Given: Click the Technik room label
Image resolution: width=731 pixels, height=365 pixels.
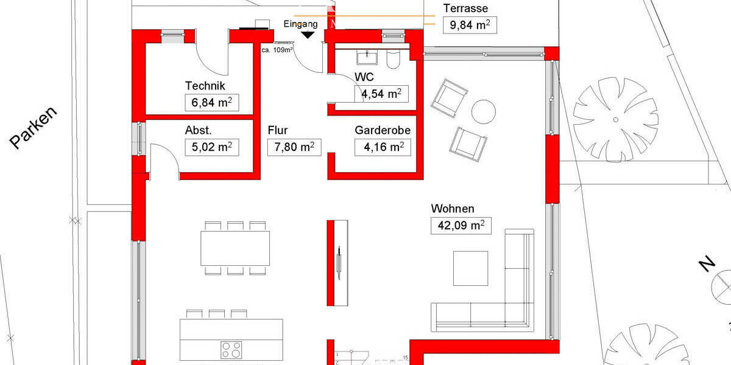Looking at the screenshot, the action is (205, 86).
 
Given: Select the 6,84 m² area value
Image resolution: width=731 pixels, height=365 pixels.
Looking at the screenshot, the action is (212, 103).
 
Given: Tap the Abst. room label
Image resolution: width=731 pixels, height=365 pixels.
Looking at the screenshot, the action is (198, 130).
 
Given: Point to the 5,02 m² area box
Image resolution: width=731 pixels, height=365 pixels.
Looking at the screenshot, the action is (212, 147).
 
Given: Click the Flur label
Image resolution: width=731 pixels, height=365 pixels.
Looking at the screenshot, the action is (278, 130).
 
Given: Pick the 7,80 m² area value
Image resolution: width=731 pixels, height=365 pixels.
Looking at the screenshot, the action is (294, 147).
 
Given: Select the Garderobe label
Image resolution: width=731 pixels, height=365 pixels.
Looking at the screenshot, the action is (383, 130).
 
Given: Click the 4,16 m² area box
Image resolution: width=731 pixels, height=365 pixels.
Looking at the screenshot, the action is (383, 147).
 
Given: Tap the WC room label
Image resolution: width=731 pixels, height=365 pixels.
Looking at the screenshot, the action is (364, 77).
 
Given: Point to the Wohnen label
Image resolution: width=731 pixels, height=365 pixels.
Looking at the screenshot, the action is (452, 209).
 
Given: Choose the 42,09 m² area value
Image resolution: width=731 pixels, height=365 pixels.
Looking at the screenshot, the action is (461, 226).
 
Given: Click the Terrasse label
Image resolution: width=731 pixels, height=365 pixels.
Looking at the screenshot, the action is (465, 9).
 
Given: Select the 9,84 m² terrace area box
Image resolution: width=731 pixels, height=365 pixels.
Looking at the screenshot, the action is (470, 25).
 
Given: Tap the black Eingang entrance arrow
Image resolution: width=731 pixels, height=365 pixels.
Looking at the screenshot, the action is (308, 35).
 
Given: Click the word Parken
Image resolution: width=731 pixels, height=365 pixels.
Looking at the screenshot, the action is (33, 127).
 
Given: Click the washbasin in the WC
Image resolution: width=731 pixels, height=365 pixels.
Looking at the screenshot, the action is (367, 57).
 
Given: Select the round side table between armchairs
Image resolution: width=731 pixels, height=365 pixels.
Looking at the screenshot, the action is (484, 112).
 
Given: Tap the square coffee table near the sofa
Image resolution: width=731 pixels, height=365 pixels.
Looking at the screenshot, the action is (470, 268).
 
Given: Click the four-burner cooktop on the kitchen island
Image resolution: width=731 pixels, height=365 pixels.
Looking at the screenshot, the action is (231, 350).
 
